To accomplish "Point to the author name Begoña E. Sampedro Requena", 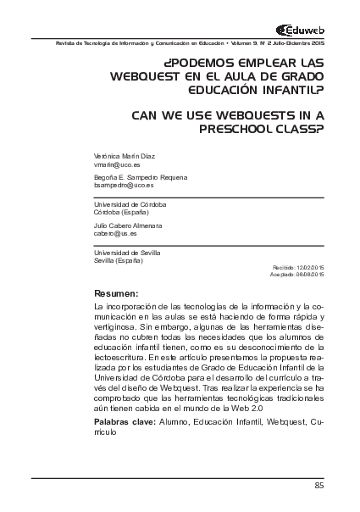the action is pyautogui.click(x=140, y=176).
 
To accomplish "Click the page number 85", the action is pyautogui.click(x=318, y=485).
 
